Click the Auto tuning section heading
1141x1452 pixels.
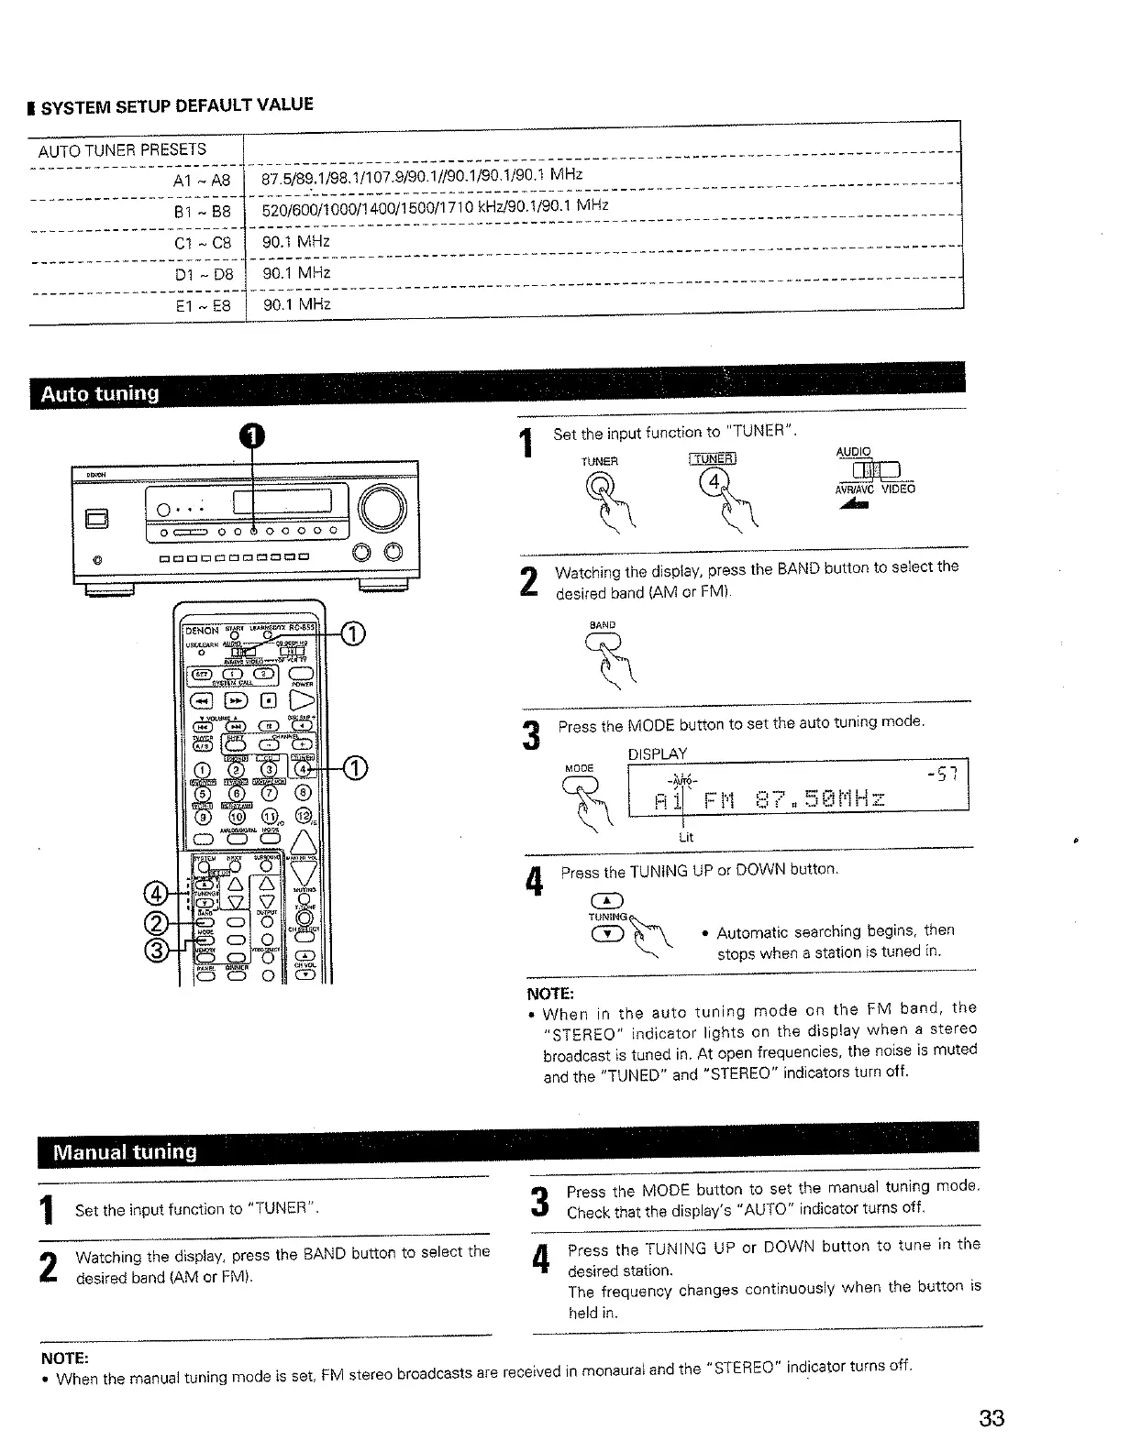click(x=99, y=394)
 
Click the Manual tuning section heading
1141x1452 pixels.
click(x=125, y=1152)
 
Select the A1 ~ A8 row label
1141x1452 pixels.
click(x=202, y=180)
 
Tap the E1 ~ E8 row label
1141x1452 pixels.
click(x=203, y=305)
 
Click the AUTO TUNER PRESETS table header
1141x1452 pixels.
click(x=122, y=149)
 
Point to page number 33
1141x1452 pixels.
click(x=991, y=1419)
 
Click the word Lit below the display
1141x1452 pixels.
click(x=685, y=837)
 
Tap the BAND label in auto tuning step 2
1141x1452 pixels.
click(x=603, y=625)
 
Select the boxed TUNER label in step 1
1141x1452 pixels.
click(x=715, y=459)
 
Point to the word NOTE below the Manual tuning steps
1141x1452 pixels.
click(x=63, y=1357)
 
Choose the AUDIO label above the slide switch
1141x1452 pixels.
click(x=854, y=452)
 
